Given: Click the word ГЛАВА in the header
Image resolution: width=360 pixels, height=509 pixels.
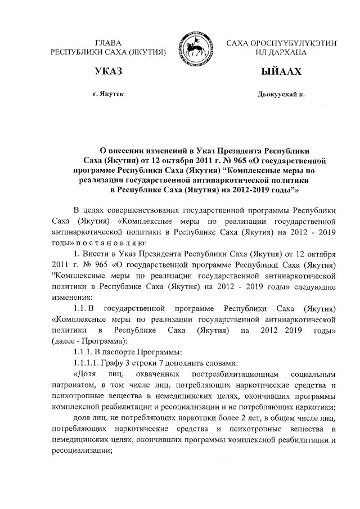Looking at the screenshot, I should (x=109, y=43).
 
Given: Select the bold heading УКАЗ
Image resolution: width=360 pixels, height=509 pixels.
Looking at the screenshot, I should (x=109, y=72).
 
